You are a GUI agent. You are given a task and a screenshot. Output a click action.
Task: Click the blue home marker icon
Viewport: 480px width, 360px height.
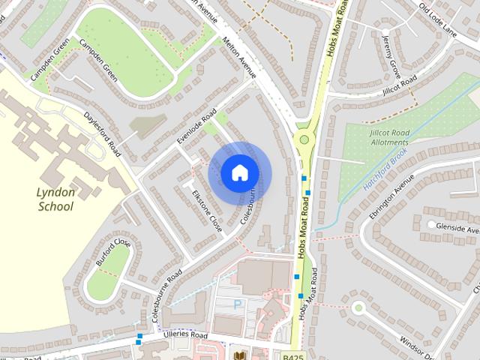(x=238, y=172)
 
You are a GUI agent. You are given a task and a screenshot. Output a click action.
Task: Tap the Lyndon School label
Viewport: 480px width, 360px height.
(x=55, y=199)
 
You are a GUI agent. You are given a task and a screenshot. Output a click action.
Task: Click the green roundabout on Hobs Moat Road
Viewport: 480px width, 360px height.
(x=304, y=139)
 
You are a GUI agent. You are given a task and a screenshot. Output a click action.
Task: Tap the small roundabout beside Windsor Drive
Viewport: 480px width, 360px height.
(x=358, y=307)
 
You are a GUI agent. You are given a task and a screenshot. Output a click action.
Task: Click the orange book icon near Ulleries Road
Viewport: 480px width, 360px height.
(x=240, y=355)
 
